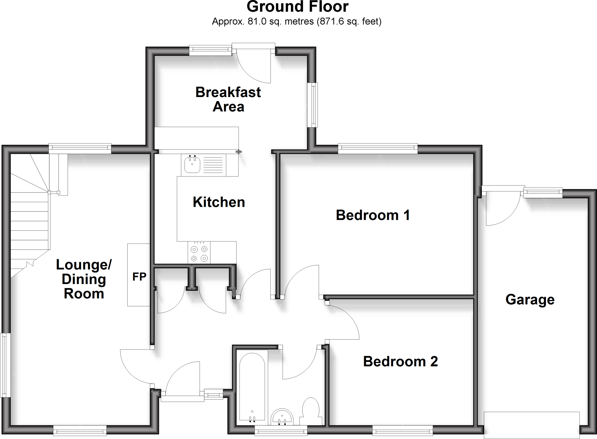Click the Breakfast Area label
228,99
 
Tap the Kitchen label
219,202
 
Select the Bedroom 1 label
373,215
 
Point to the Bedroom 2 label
400,362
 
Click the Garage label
530,299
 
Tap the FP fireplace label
139,277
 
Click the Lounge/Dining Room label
84,279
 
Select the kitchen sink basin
192,165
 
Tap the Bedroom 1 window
378,149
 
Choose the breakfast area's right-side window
314,105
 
